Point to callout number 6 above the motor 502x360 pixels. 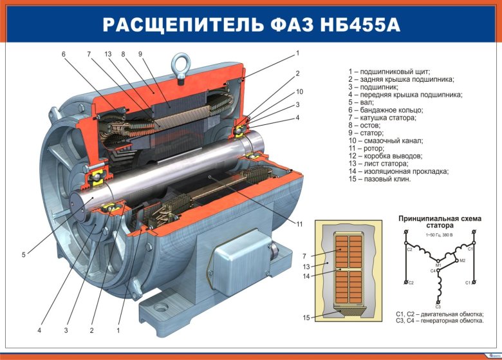coord(64,54)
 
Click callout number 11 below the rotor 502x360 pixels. coord(300,224)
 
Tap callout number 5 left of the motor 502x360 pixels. coord(23,255)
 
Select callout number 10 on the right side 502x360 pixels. coord(299,91)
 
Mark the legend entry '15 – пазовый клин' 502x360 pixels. coord(379,179)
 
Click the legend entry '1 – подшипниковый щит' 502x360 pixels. coord(389,71)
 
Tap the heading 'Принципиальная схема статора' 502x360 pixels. coord(440,222)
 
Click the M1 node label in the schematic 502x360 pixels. coord(438,265)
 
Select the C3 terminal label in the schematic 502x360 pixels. coord(438,307)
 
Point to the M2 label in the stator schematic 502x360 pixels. coord(461,260)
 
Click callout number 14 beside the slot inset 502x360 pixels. coord(306,276)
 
